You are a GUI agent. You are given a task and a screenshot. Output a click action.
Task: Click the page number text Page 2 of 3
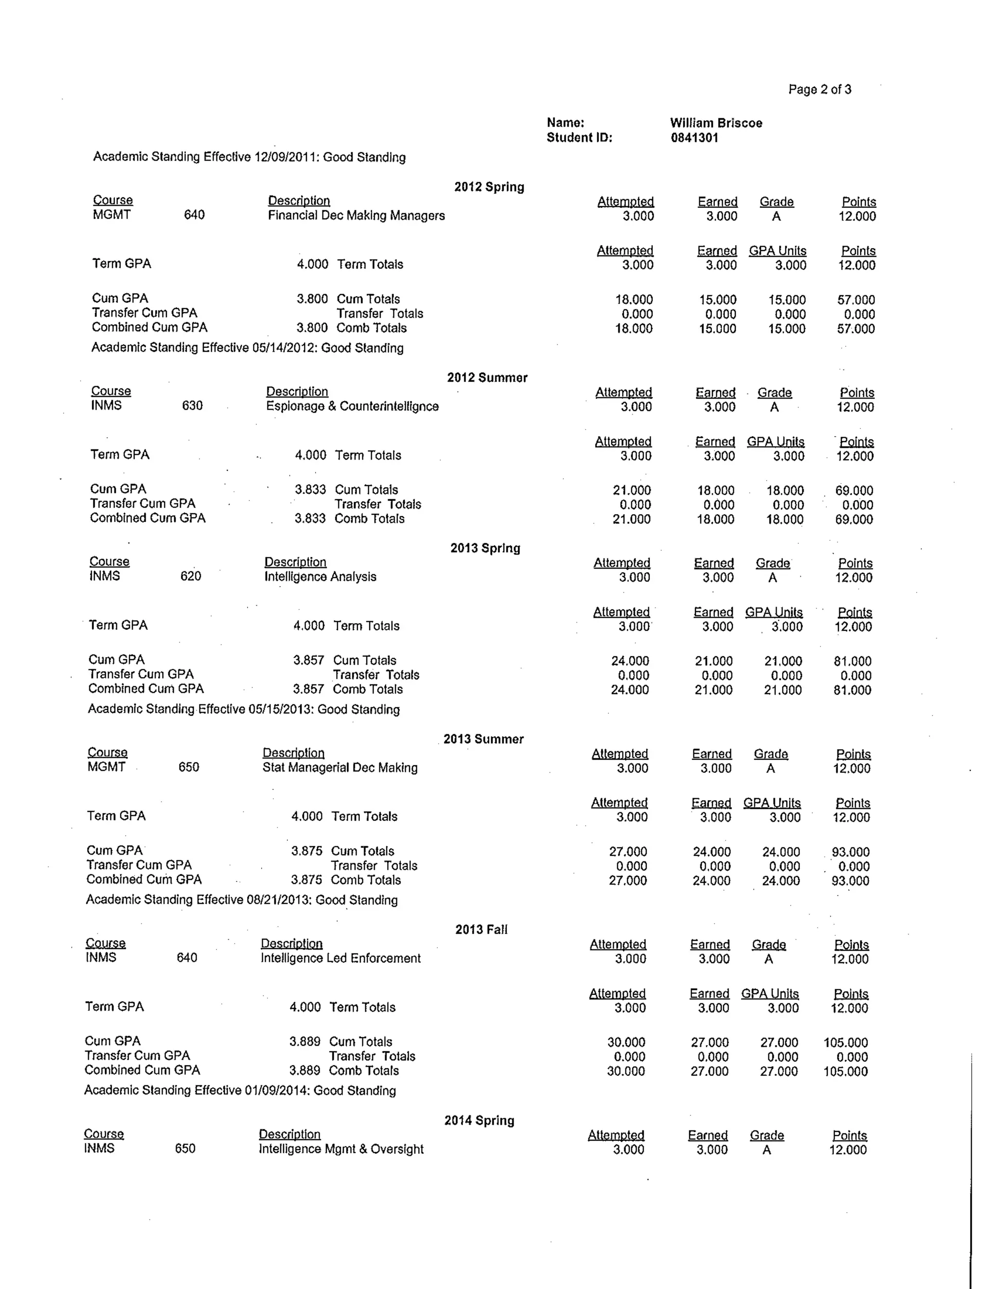coord(819,90)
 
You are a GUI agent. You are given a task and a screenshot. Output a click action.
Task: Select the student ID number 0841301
coord(694,138)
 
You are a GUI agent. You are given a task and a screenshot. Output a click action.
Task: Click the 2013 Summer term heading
coord(483,739)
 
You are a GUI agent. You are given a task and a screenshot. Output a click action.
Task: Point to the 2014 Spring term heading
coord(479,1120)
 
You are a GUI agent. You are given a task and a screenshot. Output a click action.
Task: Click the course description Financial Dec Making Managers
coord(356,215)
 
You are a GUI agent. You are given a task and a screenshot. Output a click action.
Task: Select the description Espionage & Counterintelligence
coord(352,406)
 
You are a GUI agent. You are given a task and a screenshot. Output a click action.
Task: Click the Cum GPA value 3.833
coord(310,489)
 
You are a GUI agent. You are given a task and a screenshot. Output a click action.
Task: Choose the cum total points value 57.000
coord(855,300)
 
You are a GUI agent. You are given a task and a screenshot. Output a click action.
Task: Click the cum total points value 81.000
coord(852,661)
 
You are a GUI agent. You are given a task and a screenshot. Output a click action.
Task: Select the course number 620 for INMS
coord(191,576)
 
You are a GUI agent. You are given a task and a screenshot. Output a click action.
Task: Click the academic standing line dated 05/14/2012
coord(247,348)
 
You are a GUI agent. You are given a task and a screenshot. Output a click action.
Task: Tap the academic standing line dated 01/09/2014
coord(240,1090)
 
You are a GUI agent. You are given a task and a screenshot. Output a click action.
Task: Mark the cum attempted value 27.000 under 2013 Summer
coord(628,852)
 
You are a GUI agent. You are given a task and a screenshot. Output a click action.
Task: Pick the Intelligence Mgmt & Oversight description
coord(341,1148)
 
